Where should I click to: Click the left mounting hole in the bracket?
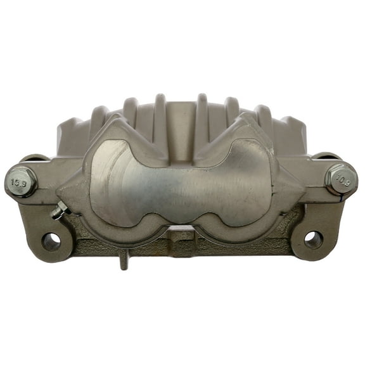[51, 241]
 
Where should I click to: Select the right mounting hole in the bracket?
[313, 239]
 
